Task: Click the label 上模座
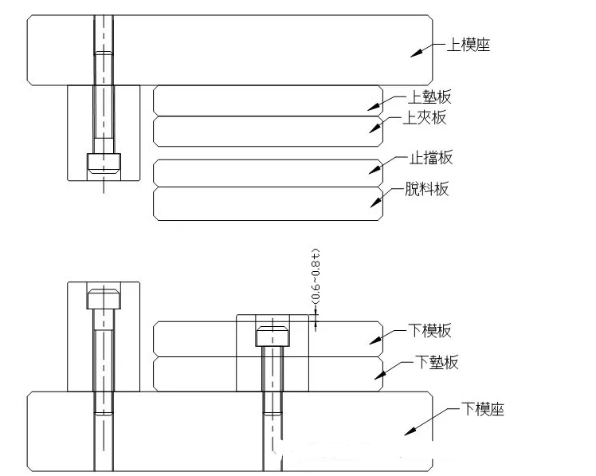469,45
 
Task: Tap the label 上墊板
429,97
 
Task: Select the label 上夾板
425,117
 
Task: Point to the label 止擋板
431,157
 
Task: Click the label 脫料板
427,189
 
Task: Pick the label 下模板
430,330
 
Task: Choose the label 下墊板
437,362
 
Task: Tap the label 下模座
483,409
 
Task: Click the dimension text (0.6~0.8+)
316,277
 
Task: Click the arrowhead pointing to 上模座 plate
416,53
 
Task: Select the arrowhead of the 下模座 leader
410,431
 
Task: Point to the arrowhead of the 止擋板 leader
375,170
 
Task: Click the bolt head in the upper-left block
104,163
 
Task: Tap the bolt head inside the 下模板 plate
273,336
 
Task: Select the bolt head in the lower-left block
104,299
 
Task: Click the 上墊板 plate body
268,100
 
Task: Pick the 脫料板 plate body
268,203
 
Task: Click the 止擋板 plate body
268,173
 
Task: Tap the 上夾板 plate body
268,132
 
